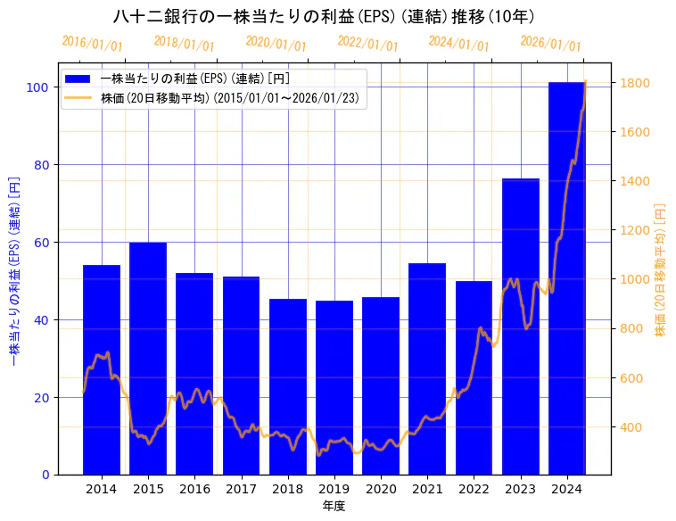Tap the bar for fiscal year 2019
click(x=334, y=387)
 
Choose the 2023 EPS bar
click(x=521, y=327)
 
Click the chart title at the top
click(x=325, y=17)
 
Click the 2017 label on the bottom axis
click(x=241, y=489)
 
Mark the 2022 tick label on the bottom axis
click(x=474, y=489)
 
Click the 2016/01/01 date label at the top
click(x=93, y=44)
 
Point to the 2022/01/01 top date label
click(x=367, y=44)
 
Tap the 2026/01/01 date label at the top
click(x=550, y=44)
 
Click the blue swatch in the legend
click(x=78, y=79)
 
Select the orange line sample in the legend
click(x=78, y=98)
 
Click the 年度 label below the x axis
click(x=334, y=506)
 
